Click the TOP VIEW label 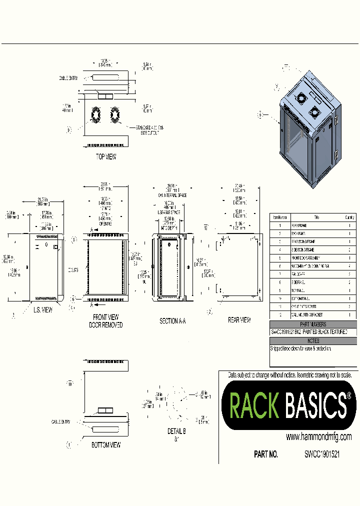pyautogui.click(x=106, y=156)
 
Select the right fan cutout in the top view pyautogui.click(x=115, y=115)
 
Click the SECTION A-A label pyautogui.click(x=172, y=321)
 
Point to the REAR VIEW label pyautogui.click(x=239, y=319)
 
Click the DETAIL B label pyautogui.click(x=177, y=431)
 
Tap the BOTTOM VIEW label pyautogui.click(x=106, y=444)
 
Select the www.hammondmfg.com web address pyautogui.click(x=318, y=436)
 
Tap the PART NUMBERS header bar pyautogui.click(x=313, y=324)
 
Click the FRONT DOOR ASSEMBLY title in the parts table pyautogui.click(x=310, y=257)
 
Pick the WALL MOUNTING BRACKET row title pyautogui.click(x=310, y=314)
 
